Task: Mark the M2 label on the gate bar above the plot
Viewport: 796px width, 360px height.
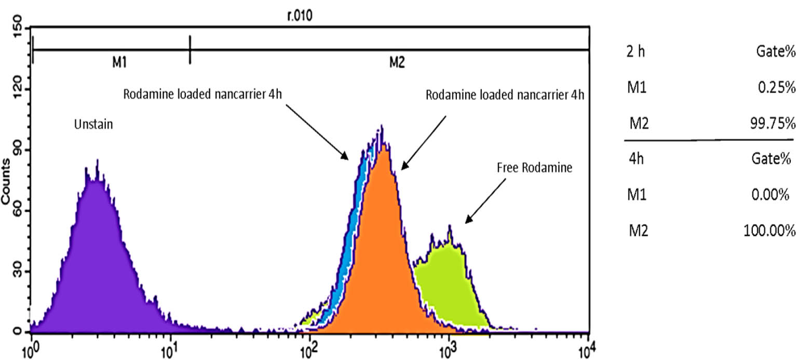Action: click(x=397, y=63)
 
